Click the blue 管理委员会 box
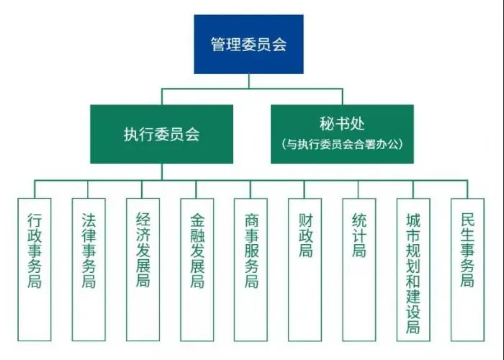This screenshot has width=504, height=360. tap(248, 45)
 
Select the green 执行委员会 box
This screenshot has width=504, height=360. tap(162, 134)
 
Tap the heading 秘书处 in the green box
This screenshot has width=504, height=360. tap(342, 124)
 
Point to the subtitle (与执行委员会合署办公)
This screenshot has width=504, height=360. tap(342, 144)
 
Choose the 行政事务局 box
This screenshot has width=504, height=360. tap(35, 270)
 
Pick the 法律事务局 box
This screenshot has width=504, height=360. tap(89, 270)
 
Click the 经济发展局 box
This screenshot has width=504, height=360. tap(143, 270)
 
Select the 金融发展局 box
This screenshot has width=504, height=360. tap(197, 270)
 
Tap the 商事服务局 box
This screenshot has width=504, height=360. tap(251, 270)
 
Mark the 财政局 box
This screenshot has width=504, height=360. tap(305, 270)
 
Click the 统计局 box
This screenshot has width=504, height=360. tap(359, 270)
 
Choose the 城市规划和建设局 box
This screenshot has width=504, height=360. tap(413, 270)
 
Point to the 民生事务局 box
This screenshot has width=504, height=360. tap(468, 270)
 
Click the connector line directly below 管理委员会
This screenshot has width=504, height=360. tap(249, 81)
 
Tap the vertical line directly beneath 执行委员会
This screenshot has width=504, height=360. tap(162, 172)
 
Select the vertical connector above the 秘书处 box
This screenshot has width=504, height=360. tap(342, 96)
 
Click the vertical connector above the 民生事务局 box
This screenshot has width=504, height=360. tap(467, 189)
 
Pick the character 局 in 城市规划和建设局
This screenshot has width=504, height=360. tap(413, 327)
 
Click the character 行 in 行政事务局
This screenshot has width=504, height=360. tap(35, 220)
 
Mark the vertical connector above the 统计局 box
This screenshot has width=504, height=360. tap(358, 189)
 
